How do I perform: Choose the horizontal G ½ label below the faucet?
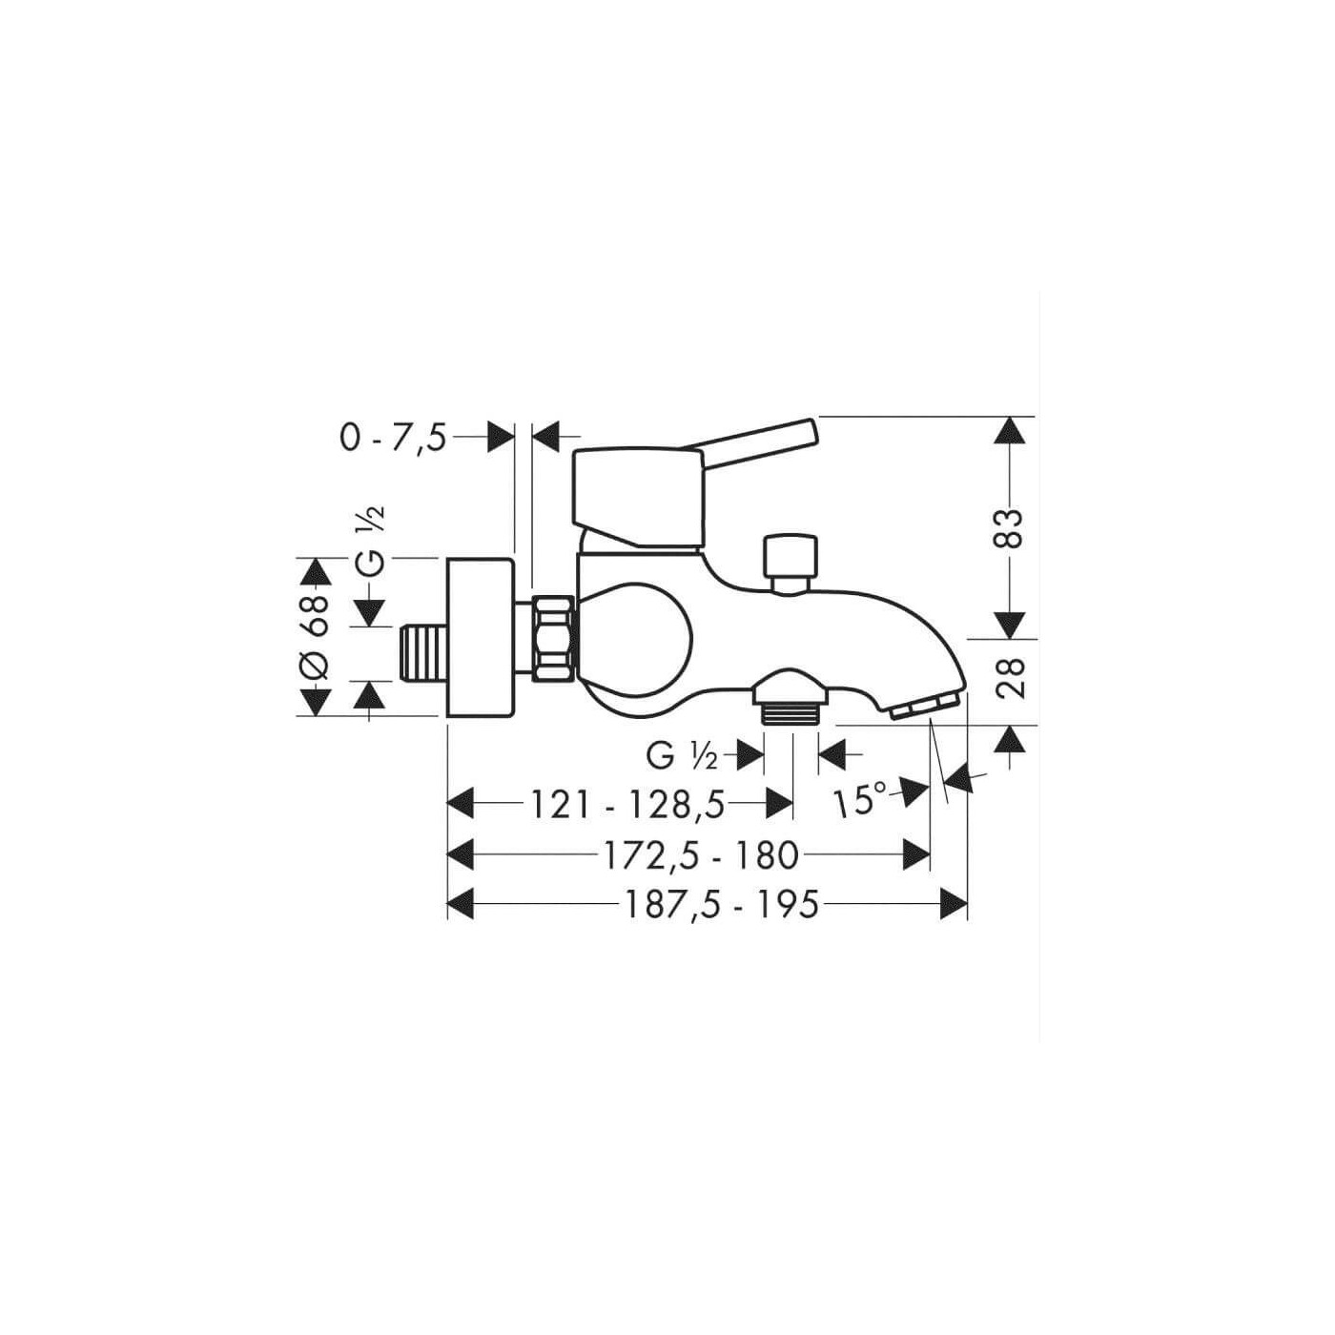pos(682,756)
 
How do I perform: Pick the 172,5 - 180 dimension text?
pos(700,855)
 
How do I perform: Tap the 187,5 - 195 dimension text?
pos(722,904)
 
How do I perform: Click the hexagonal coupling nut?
pos(553,638)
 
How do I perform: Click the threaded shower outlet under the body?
pos(791,710)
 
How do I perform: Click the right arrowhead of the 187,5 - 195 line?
pos(953,904)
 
